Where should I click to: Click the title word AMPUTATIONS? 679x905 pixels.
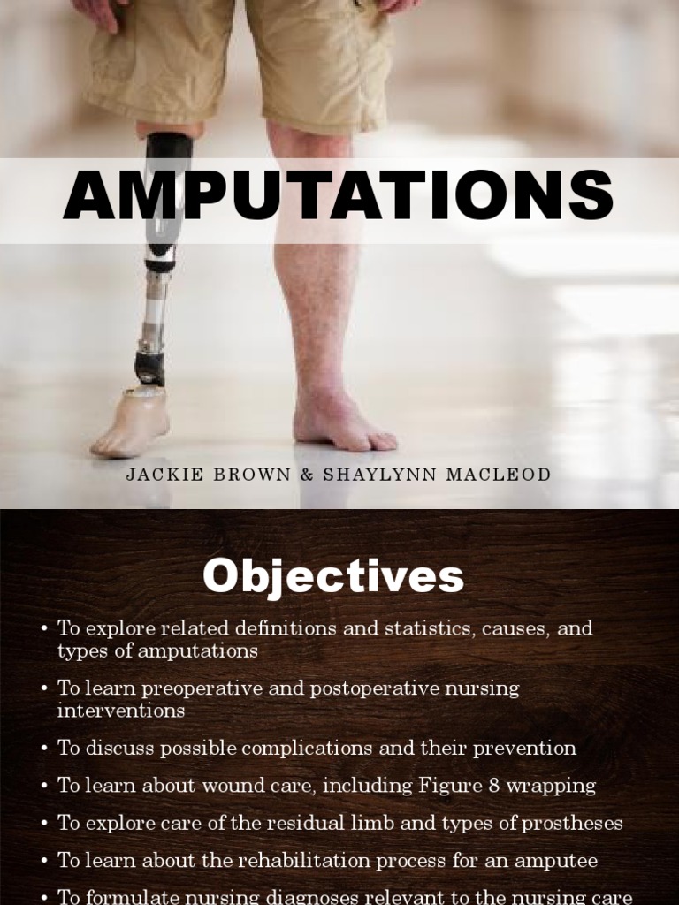(339, 196)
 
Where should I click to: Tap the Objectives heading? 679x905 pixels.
(332, 577)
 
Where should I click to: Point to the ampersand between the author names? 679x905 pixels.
(307, 475)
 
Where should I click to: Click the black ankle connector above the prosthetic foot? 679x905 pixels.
(150, 366)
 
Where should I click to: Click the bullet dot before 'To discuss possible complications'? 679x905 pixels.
(44, 749)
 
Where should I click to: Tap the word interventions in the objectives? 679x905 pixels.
(121, 710)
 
